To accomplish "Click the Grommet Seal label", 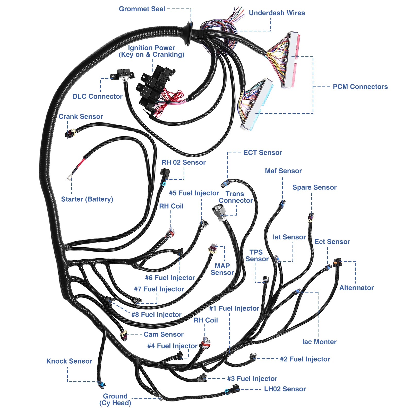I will pos(142,9).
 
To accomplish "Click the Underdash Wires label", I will pos(277,13).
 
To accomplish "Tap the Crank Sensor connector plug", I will pos(70,133).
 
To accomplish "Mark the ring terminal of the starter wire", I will pos(69,177).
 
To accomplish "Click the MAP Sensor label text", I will pos(222,269).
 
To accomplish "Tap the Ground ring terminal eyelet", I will pos(160,398).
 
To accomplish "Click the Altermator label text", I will pos(356,288).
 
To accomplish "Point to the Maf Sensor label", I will pos(283,171).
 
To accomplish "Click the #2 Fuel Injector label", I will pos(305,359).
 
